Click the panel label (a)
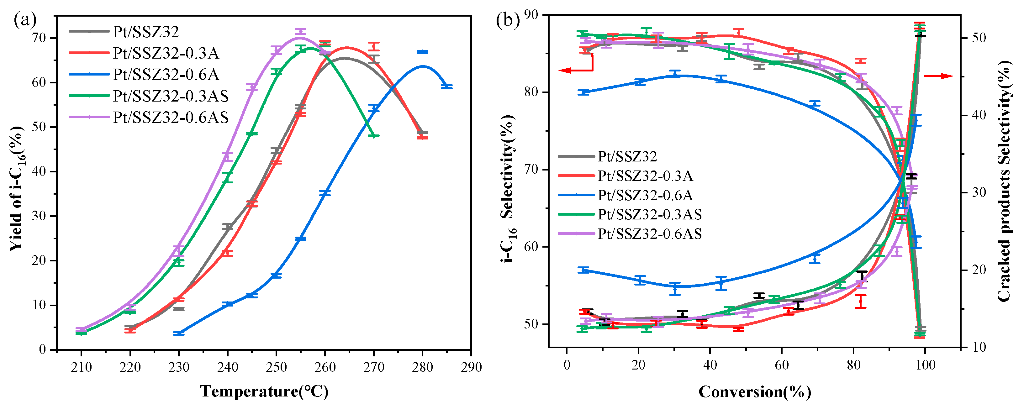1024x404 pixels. [x=25, y=20]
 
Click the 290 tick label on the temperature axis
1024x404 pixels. [x=471, y=367]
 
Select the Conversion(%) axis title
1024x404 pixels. [x=754, y=392]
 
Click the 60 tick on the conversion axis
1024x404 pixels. [x=782, y=365]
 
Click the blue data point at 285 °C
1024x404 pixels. [x=447, y=86]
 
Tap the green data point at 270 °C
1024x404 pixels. [x=374, y=135]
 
